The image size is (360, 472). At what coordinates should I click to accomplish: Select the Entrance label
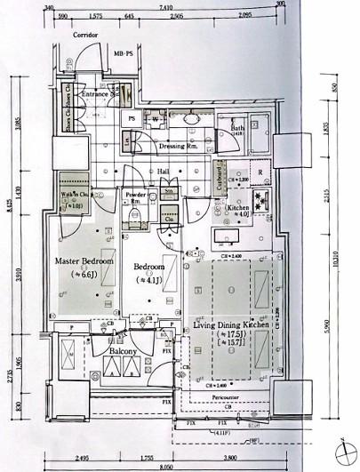pyautogui.click(x=95, y=92)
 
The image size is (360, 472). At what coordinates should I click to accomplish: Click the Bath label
pyautogui.click(x=237, y=128)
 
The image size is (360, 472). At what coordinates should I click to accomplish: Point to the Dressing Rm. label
pyautogui.click(x=178, y=145)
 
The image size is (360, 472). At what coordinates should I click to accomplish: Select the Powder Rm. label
pyautogui.click(x=136, y=196)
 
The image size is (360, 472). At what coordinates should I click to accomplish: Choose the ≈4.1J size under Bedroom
pyautogui.click(x=148, y=279)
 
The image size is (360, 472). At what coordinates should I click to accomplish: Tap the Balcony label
pyautogui.click(x=123, y=352)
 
